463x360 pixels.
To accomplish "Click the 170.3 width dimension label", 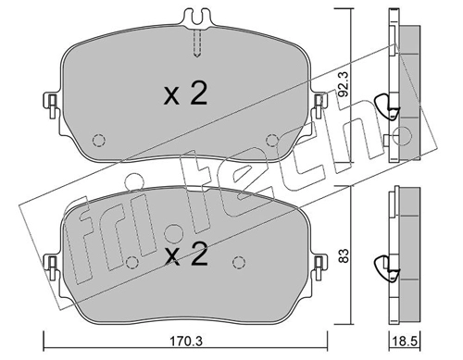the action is [186, 341].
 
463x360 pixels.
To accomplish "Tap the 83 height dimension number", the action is [344, 255].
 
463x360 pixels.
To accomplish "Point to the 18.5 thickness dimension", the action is [405, 341].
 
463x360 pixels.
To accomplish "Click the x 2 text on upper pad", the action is [185, 93].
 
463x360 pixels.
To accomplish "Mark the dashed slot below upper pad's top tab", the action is [198, 43].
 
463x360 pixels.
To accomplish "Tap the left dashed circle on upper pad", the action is [99, 141].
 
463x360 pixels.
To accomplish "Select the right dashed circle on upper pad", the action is [272, 141].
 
